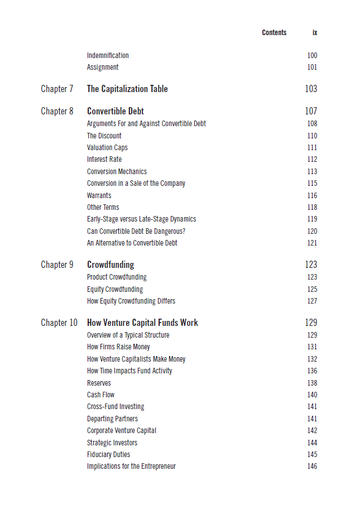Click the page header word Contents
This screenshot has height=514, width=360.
pos(274,33)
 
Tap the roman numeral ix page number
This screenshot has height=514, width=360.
pos(315,33)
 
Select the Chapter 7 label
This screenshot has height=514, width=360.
pos(57,89)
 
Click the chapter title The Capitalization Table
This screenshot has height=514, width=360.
pos(127,89)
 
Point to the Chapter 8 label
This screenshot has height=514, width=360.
pos(57,111)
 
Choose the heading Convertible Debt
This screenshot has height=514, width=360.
pos(116,111)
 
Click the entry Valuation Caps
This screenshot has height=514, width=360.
pos(107,147)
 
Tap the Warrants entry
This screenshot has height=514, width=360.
pos(99,195)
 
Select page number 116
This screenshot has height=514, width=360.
pos(312,195)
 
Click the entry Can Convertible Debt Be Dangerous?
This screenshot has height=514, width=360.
pos(136,231)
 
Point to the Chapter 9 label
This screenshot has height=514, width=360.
pos(57,265)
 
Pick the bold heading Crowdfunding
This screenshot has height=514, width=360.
pos(111,265)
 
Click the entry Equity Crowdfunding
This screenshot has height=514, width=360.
pos(115,289)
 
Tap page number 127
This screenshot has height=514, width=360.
pos(312,301)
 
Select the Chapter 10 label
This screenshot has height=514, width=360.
pos(59,323)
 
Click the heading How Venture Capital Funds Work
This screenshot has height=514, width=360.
pos(142,323)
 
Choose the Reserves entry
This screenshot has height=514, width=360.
pos(99,383)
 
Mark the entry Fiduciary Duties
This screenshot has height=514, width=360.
pos(108,454)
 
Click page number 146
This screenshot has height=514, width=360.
pos(312,466)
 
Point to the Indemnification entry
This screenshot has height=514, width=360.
pos(108,55)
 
